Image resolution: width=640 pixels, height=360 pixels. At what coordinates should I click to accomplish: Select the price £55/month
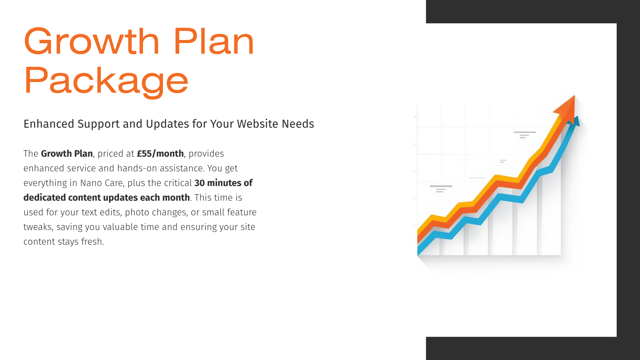[160, 154]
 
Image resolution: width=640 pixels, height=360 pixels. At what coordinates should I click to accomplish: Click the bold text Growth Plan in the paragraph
[67, 154]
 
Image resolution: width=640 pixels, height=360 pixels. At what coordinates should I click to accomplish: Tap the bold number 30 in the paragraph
[199, 183]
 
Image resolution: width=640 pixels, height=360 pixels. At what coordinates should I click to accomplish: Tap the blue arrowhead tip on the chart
[577, 121]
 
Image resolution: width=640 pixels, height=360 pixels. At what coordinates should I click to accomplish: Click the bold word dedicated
[44, 198]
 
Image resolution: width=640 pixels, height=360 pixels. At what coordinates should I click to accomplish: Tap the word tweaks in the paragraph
[38, 227]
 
